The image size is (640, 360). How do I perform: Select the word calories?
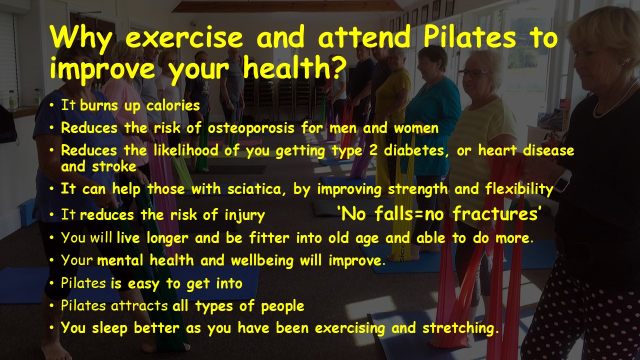pos(173,105)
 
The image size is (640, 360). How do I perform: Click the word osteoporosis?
pos(251,128)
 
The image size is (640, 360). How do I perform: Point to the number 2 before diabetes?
pos(373,150)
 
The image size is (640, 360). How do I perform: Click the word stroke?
pos(114,166)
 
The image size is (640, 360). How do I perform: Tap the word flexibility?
pos(519,189)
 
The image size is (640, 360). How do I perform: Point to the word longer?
pos(167,238)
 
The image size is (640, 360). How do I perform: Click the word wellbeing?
pos(262,261)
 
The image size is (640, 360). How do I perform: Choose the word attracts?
pos(139,306)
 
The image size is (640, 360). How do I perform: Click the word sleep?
pos(109,328)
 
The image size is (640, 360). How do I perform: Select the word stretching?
pos(460,328)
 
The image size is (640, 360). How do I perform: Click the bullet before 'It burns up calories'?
pos(51,105)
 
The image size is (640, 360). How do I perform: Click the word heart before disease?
pos(497,150)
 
